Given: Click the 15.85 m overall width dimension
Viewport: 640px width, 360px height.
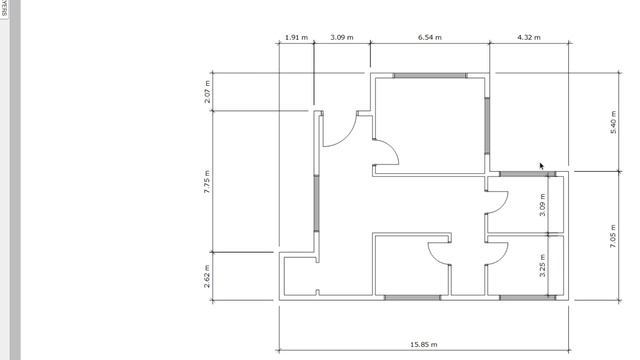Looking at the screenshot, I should click(424, 344).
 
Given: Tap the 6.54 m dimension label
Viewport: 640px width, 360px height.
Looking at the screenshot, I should click(429, 38).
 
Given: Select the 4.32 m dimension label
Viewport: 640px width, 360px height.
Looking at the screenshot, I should click(529, 38).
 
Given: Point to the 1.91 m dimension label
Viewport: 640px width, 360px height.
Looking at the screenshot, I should click(295, 38).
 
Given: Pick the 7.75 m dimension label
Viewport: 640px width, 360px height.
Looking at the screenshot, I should click(207, 181).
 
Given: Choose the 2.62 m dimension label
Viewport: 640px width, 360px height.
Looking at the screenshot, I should click(207, 276).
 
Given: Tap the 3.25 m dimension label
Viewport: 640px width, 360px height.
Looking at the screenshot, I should click(542, 264).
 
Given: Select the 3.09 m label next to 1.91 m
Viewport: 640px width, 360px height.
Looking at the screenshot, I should click(342, 38).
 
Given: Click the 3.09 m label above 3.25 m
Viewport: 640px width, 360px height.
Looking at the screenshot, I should click(542, 206).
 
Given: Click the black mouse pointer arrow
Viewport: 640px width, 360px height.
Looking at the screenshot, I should click(542, 167).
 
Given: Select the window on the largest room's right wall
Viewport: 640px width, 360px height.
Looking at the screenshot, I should click(488, 120).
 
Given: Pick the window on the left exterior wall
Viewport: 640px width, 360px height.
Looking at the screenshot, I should click(318, 205).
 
